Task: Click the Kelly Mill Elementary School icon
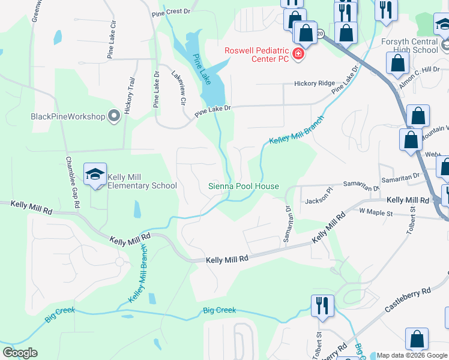tap(95, 175)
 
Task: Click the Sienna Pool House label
tap(243, 186)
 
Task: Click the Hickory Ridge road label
tap(314, 84)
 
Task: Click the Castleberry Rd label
tap(408, 298)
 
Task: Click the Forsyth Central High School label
tap(409, 46)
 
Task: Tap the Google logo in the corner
tap(20, 353)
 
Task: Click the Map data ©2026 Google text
tap(412, 355)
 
